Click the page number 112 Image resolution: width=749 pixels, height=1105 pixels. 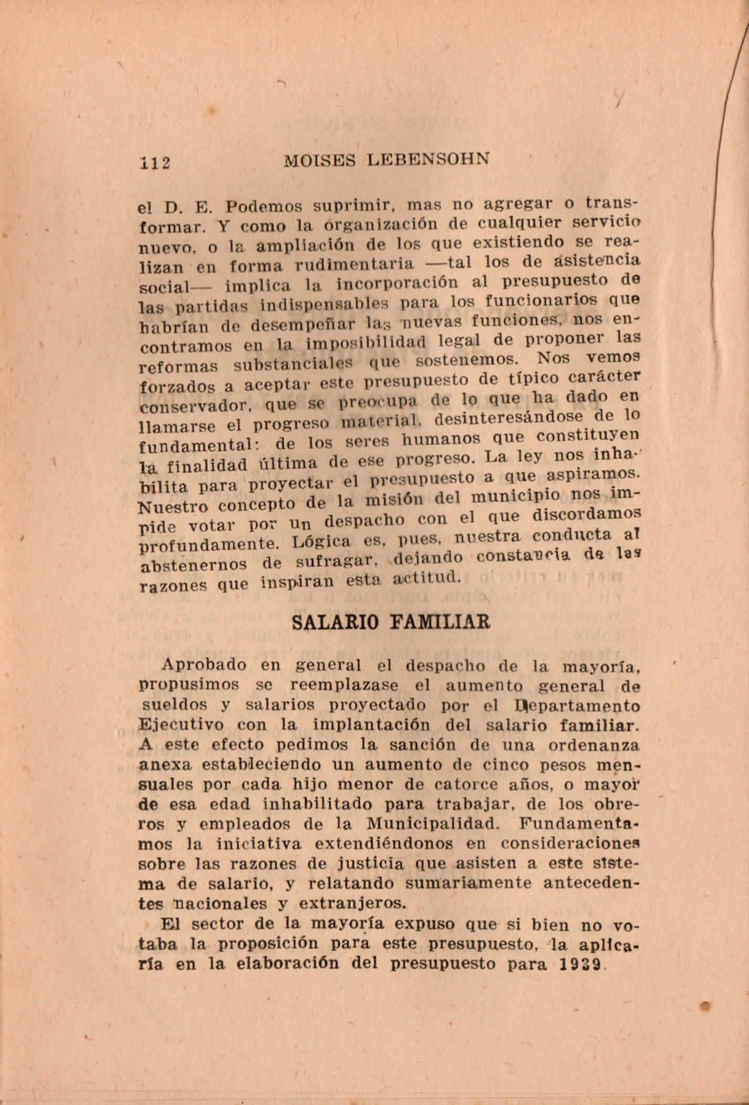155,162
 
